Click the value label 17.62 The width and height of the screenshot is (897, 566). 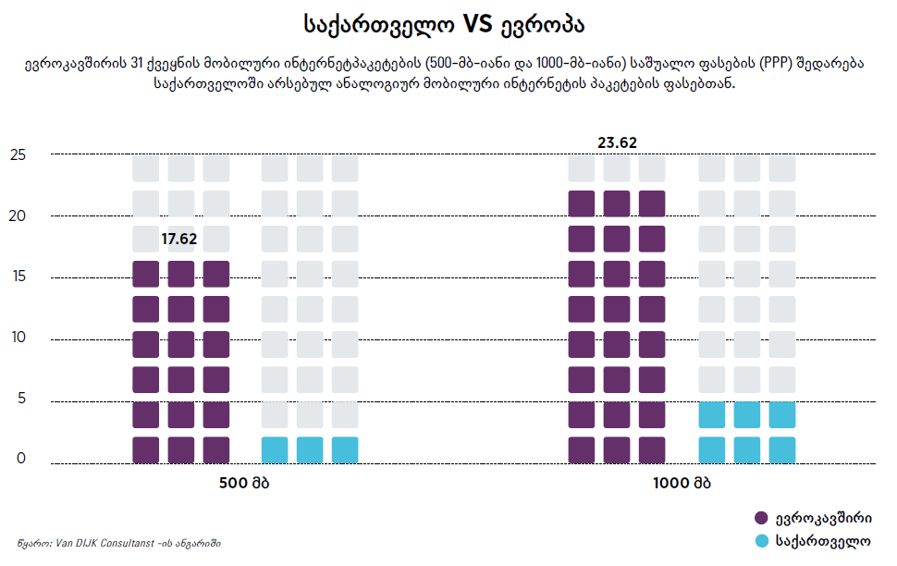pos(179,240)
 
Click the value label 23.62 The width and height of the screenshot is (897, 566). pos(617,142)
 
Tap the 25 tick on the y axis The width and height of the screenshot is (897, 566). pos(18,155)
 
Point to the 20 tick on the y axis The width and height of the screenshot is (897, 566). pos(18,216)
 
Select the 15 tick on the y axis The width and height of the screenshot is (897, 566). pos(18,277)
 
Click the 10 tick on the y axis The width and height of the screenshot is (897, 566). pos(18,338)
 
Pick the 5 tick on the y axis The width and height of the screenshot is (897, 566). pos(21,400)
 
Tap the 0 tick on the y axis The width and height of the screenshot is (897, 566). pos(21,460)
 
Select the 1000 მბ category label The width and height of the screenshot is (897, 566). pos(682,483)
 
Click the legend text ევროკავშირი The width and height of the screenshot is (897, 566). pos(823,518)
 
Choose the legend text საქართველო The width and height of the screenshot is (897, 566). pos(823,541)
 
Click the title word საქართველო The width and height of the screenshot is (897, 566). pos(378,24)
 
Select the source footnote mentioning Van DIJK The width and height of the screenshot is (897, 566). pos(118,543)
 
